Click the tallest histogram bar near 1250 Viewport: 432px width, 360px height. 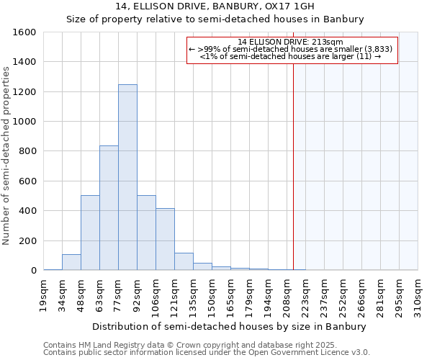127,177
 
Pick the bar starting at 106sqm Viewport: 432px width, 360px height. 165,239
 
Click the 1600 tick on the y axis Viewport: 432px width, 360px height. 24,32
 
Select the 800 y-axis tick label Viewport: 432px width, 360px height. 27,151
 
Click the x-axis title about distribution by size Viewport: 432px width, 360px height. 230,326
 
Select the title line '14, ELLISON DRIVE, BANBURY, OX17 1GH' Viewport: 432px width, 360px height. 215,6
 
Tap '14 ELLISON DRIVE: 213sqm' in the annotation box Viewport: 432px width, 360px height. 291,42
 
